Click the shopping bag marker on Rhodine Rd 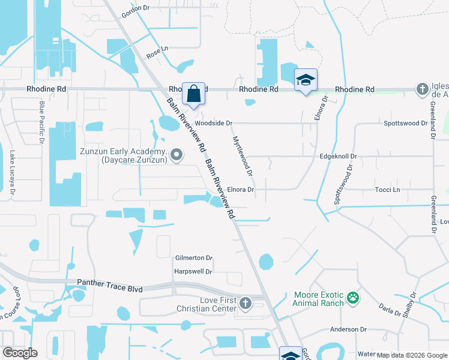pyautogui.click(x=193, y=94)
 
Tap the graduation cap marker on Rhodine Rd pyautogui.click(x=306, y=80)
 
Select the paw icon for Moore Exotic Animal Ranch pyautogui.click(x=354, y=297)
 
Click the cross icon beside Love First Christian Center pyautogui.click(x=246, y=304)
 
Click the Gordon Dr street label pyautogui.click(x=134, y=8)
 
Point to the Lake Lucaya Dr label pyautogui.click(x=11, y=173)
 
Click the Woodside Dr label pyautogui.click(x=213, y=123)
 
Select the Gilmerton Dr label pyautogui.click(x=193, y=258)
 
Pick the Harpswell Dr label pyautogui.click(x=193, y=271)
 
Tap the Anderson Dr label pyautogui.click(x=348, y=329)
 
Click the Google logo pyautogui.click(x=20, y=353)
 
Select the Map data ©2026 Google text pyautogui.click(x=412, y=355)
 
